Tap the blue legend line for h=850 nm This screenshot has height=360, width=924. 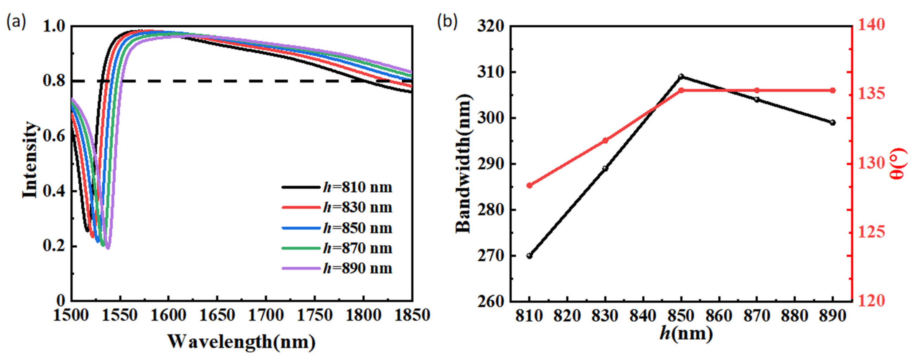tap(301, 228)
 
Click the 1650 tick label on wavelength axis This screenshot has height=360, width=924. tap(217, 316)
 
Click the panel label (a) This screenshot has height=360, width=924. tap(16, 22)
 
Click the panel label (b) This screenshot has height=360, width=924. tap(447, 22)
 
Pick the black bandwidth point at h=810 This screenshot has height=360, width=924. tap(529, 256)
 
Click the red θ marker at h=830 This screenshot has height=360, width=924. tap(605, 141)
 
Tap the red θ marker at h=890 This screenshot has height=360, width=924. tap(833, 90)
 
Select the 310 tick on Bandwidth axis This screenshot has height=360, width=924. tap(490, 72)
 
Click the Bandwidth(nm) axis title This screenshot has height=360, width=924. tap(463, 164)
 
